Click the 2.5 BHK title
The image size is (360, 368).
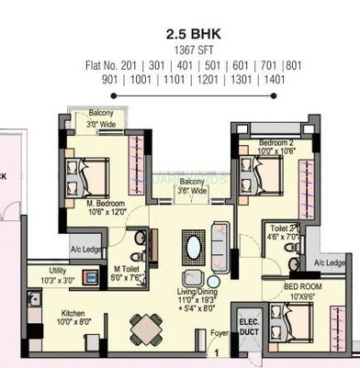tap(179, 35)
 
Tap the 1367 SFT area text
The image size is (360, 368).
tap(179, 50)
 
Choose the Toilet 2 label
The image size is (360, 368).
tap(281, 231)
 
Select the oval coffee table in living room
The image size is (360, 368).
tap(195, 249)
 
